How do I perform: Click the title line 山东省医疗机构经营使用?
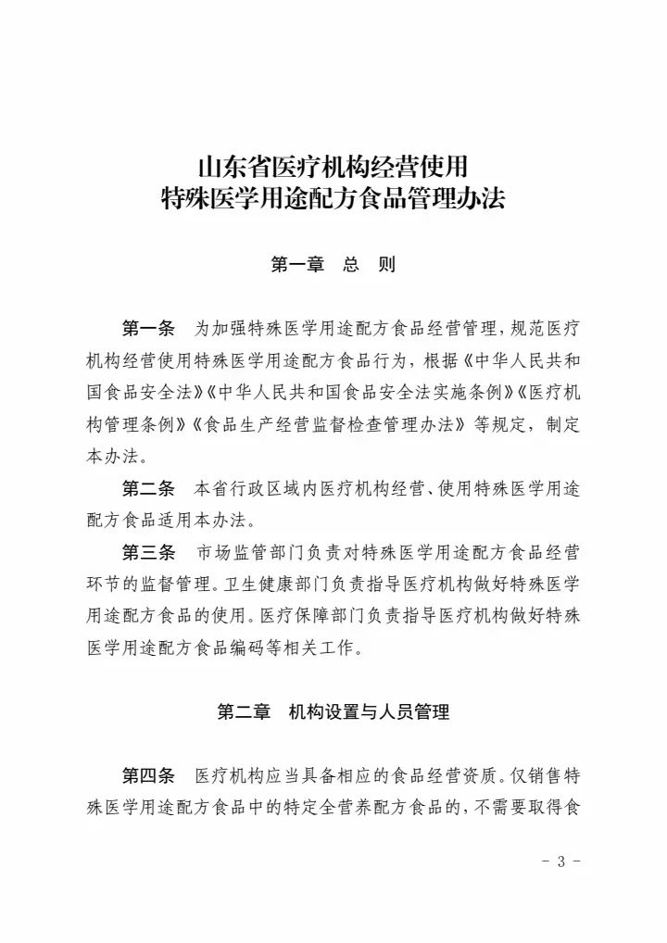(333, 168)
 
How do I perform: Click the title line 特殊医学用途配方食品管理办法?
(333, 198)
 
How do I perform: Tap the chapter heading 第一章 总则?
(333, 265)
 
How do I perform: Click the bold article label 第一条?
(148, 329)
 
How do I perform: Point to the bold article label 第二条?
(148, 488)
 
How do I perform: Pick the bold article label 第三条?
(148, 553)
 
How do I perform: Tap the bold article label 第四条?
(148, 775)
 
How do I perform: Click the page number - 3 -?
(560, 861)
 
